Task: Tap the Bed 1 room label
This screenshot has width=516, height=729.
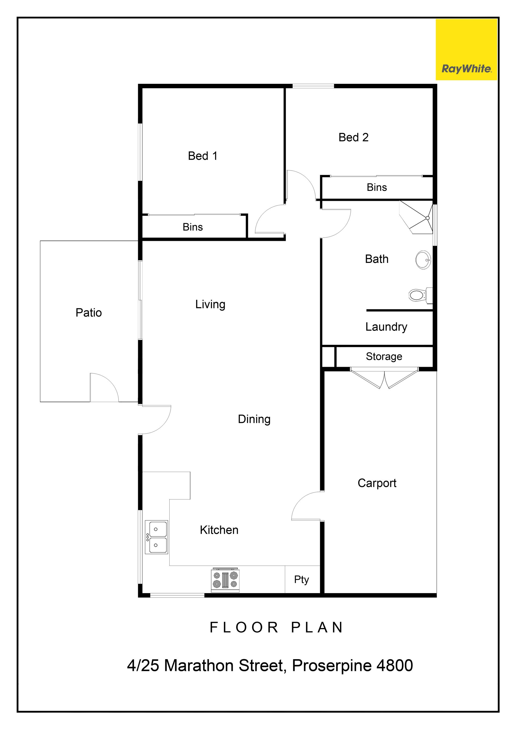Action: click(x=203, y=156)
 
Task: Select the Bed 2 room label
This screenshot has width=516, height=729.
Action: click(x=353, y=137)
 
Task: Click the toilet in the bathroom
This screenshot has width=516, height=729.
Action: click(x=420, y=295)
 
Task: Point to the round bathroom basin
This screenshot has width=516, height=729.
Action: click(x=423, y=260)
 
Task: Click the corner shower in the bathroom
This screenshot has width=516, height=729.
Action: click(x=417, y=217)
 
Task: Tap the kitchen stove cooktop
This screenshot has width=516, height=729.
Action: click(x=225, y=580)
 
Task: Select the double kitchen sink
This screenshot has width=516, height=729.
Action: click(x=156, y=537)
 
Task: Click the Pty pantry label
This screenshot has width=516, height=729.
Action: click(x=302, y=580)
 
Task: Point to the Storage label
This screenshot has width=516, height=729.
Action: click(x=384, y=357)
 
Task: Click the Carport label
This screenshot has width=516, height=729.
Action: click(x=377, y=483)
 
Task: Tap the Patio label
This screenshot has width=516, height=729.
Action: click(x=89, y=313)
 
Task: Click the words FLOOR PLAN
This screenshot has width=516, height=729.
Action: click(x=277, y=628)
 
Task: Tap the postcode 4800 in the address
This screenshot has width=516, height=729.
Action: click(x=394, y=666)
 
